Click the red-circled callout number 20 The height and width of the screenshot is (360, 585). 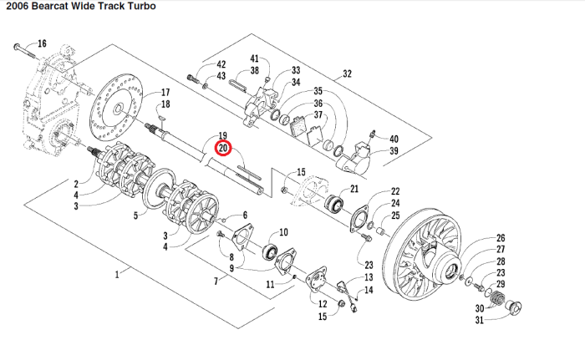click(223, 148)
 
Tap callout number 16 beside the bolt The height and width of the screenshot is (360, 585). click(42, 43)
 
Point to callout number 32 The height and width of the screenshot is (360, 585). click(347, 74)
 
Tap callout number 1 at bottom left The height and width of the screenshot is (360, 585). click(117, 273)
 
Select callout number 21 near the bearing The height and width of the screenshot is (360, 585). click(354, 189)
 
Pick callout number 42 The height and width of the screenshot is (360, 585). click(221, 64)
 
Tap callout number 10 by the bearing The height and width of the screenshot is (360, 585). click(283, 232)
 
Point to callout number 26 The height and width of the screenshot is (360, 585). click(501, 238)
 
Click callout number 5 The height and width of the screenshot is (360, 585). click(136, 215)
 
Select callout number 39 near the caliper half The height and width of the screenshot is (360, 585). click(394, 151)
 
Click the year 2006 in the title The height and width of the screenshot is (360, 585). click(18, 6)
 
